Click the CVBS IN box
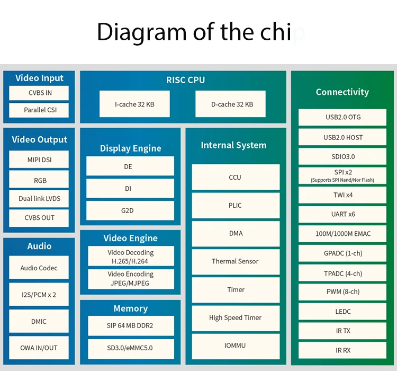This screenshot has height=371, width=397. point(39,93)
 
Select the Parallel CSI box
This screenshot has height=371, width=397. point(39,110)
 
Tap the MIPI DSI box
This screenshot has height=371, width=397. point(39,160)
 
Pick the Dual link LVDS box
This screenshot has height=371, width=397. point(39,198)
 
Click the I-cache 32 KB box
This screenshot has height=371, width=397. point(134,104)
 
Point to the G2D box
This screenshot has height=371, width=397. point(130,210)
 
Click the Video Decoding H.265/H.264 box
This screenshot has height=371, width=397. point(130,257)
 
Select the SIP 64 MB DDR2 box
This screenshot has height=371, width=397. point(130,325)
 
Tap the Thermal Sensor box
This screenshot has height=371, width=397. point(235,261)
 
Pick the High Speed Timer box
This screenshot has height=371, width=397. point(235,317)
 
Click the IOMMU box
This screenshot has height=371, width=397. point(235,346)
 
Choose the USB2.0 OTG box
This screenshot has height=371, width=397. point(342,117)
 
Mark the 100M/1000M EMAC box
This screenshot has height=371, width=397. point(342,234)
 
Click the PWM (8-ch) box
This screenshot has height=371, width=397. point(342,291)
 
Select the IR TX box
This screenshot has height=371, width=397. point(342,331)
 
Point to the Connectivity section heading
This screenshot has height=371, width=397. point(342,92)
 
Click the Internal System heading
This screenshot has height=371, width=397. point(233,145)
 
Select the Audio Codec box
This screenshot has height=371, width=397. point(39,268)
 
